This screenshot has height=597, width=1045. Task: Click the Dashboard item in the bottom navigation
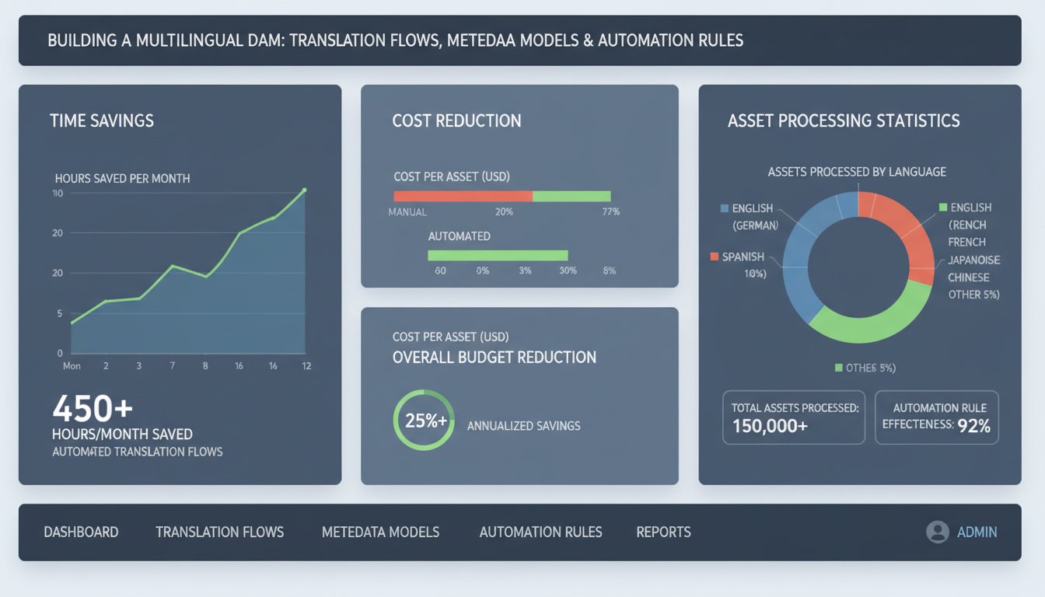click(x=81, y=532)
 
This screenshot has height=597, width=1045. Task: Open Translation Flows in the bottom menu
click(x=219, y=532)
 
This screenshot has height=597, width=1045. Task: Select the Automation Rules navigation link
click(x=540, y=532)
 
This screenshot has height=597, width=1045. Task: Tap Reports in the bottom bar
click(x=663, y=532)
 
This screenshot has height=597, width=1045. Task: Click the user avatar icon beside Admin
click(x=938, y=532)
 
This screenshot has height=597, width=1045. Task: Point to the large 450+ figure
click(x=93, y=408)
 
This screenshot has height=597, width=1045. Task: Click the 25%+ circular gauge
click(x=424, y=421)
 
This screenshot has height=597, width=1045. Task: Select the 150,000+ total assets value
click(x=770, y=426)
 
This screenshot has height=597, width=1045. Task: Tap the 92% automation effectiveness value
click(x=974, y=425)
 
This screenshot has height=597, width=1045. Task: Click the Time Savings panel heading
click(x=102, y=120)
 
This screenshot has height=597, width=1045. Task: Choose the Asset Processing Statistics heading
click(x=844, y=120)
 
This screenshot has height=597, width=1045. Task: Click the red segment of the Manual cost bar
click(x=463, y=196)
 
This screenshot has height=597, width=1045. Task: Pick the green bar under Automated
click(x=498, y=255)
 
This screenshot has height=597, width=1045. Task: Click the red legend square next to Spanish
click(x=714, y=257)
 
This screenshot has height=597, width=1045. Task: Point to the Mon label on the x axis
click(x=72, y=365)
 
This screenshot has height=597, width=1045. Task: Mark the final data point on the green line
click(x=304, y=190)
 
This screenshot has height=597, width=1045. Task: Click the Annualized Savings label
click(x=523, y=426)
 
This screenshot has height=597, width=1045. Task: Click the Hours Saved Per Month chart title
click(x=122, y=178)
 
